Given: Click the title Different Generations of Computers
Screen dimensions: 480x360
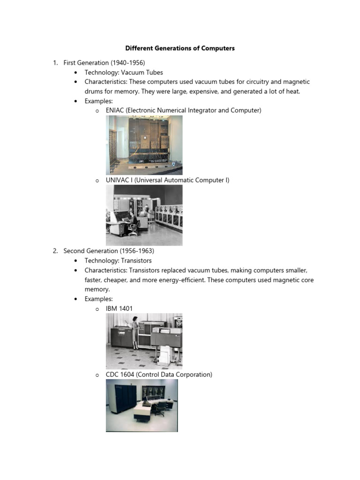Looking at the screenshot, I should click(180, 48).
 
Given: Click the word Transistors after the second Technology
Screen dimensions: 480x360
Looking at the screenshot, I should click(135, 261).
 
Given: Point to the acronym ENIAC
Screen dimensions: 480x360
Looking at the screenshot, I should click(115, 110).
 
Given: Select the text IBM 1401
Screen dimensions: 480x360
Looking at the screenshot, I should click(119, 308).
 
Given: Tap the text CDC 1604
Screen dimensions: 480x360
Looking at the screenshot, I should click(119, 375).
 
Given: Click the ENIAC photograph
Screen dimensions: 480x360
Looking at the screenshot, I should click(144, 145).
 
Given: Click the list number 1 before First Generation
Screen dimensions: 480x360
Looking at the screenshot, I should click(55, 63).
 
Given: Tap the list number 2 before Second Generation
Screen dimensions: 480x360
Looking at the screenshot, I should click(55, 251).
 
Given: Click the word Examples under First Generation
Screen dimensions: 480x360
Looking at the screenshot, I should click(98, 101).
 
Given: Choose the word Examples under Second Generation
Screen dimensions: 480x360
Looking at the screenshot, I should click(98, 299).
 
